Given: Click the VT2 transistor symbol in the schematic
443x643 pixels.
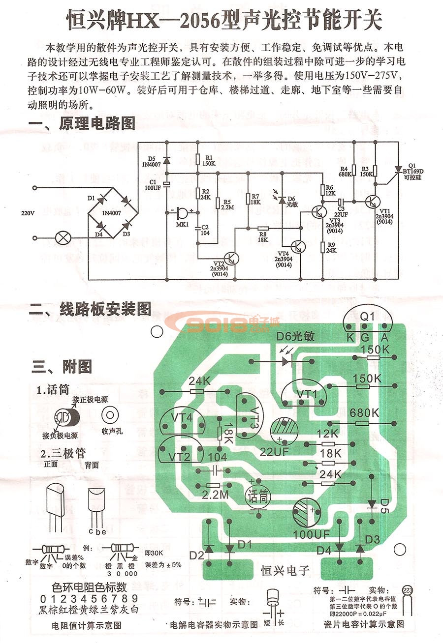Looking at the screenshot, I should pos(230,258).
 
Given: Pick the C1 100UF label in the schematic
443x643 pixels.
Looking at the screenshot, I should pos(154,185).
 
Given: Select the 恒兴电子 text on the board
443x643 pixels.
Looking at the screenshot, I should pos(285,570).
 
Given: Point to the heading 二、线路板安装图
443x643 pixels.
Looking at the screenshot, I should pos(90,309).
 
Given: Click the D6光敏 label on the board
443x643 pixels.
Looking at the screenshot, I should pos(295,337).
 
